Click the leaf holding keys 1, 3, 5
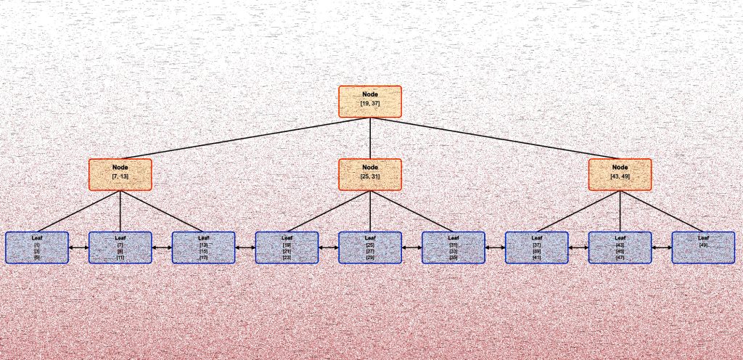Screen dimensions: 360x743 click(37, 247)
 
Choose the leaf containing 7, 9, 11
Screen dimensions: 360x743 click(120, 247)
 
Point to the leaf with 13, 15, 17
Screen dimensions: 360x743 click(203, 247)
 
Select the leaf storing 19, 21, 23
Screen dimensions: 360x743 click(287, 247)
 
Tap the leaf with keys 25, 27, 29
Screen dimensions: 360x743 click(370, 247)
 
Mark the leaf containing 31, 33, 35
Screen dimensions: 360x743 click(453, 247)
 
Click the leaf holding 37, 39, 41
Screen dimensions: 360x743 click(537, 247)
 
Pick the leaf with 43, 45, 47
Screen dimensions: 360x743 click(620, 247)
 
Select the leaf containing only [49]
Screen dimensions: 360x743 click(703, 247)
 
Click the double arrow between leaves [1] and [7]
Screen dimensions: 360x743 click(78, 247)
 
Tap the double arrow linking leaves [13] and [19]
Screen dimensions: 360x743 click(245, 247)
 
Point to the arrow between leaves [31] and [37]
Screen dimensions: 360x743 click(495, 247)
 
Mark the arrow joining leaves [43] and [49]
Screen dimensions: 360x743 click(662, 247)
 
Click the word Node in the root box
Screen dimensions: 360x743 click(370, 94)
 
